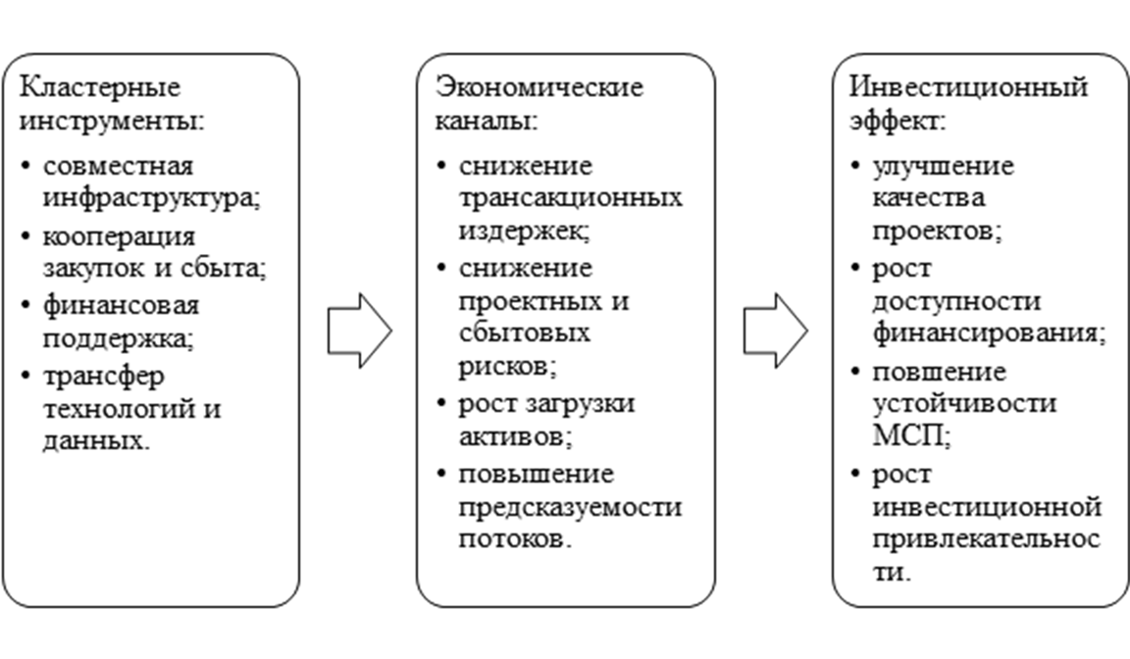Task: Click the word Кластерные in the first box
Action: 99,88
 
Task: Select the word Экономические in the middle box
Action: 539,87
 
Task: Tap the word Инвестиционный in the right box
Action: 968,88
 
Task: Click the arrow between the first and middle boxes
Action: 360,330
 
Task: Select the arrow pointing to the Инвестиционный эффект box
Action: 776,330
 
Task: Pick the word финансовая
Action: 121,306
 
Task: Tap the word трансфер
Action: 104,377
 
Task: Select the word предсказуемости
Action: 570,508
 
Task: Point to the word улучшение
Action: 944,168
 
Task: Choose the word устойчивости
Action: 964,404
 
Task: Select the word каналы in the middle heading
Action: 483,121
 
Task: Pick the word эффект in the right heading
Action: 894,121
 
